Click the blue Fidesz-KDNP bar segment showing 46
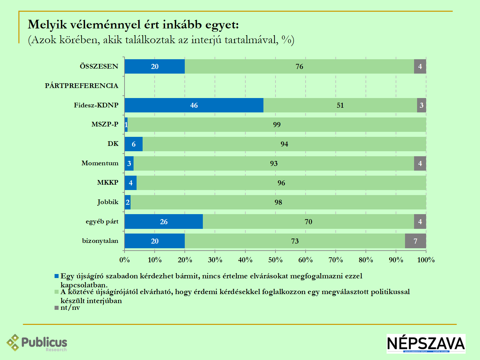click(x=194, y=105)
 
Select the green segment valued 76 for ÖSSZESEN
click(x=299, y=67)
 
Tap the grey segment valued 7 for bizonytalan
click(x=415, y=241)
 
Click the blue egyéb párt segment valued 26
click(x=164, y=221)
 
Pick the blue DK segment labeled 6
click(x=134, y=144)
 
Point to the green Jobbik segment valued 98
click(x=278, y=202)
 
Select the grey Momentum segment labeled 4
click(x=420, y=163)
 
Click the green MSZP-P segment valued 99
click(x=277, y=124)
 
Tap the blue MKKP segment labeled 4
click(x=131, y=183)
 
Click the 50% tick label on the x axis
click(x=275, y=260)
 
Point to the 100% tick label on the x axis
click(x=426, y=260)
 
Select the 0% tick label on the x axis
click(x=125, y=260)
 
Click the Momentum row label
click(x=100, y=163)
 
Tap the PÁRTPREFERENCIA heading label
click(x=81, y=86)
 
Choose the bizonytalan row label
click(x=100, y=241)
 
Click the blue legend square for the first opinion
click(x=57, y=276)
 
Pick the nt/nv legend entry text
click(x=70, y=307)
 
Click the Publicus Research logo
click(x=37, y=343)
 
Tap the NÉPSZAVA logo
click(x=426, y=343)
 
